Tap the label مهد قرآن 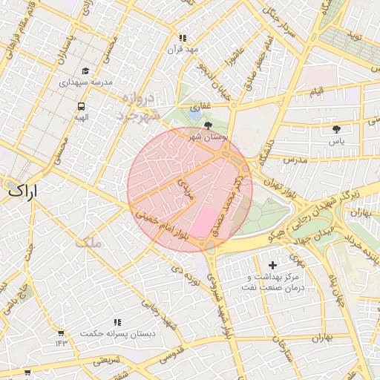coord(183,50)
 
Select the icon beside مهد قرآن coord(183,38)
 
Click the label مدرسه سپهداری coord(85,83)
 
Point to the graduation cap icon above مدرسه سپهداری coord(85,71)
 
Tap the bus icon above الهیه coord(80,105)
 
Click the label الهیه coord(80,117)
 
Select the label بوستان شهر coord(208,137)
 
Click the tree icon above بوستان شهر coord(208,126)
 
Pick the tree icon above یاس coord(336,128)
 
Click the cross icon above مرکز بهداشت coord(272,265)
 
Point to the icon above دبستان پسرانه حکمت coord(117,323)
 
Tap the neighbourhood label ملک coord(87,241)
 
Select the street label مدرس coord(294,160)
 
